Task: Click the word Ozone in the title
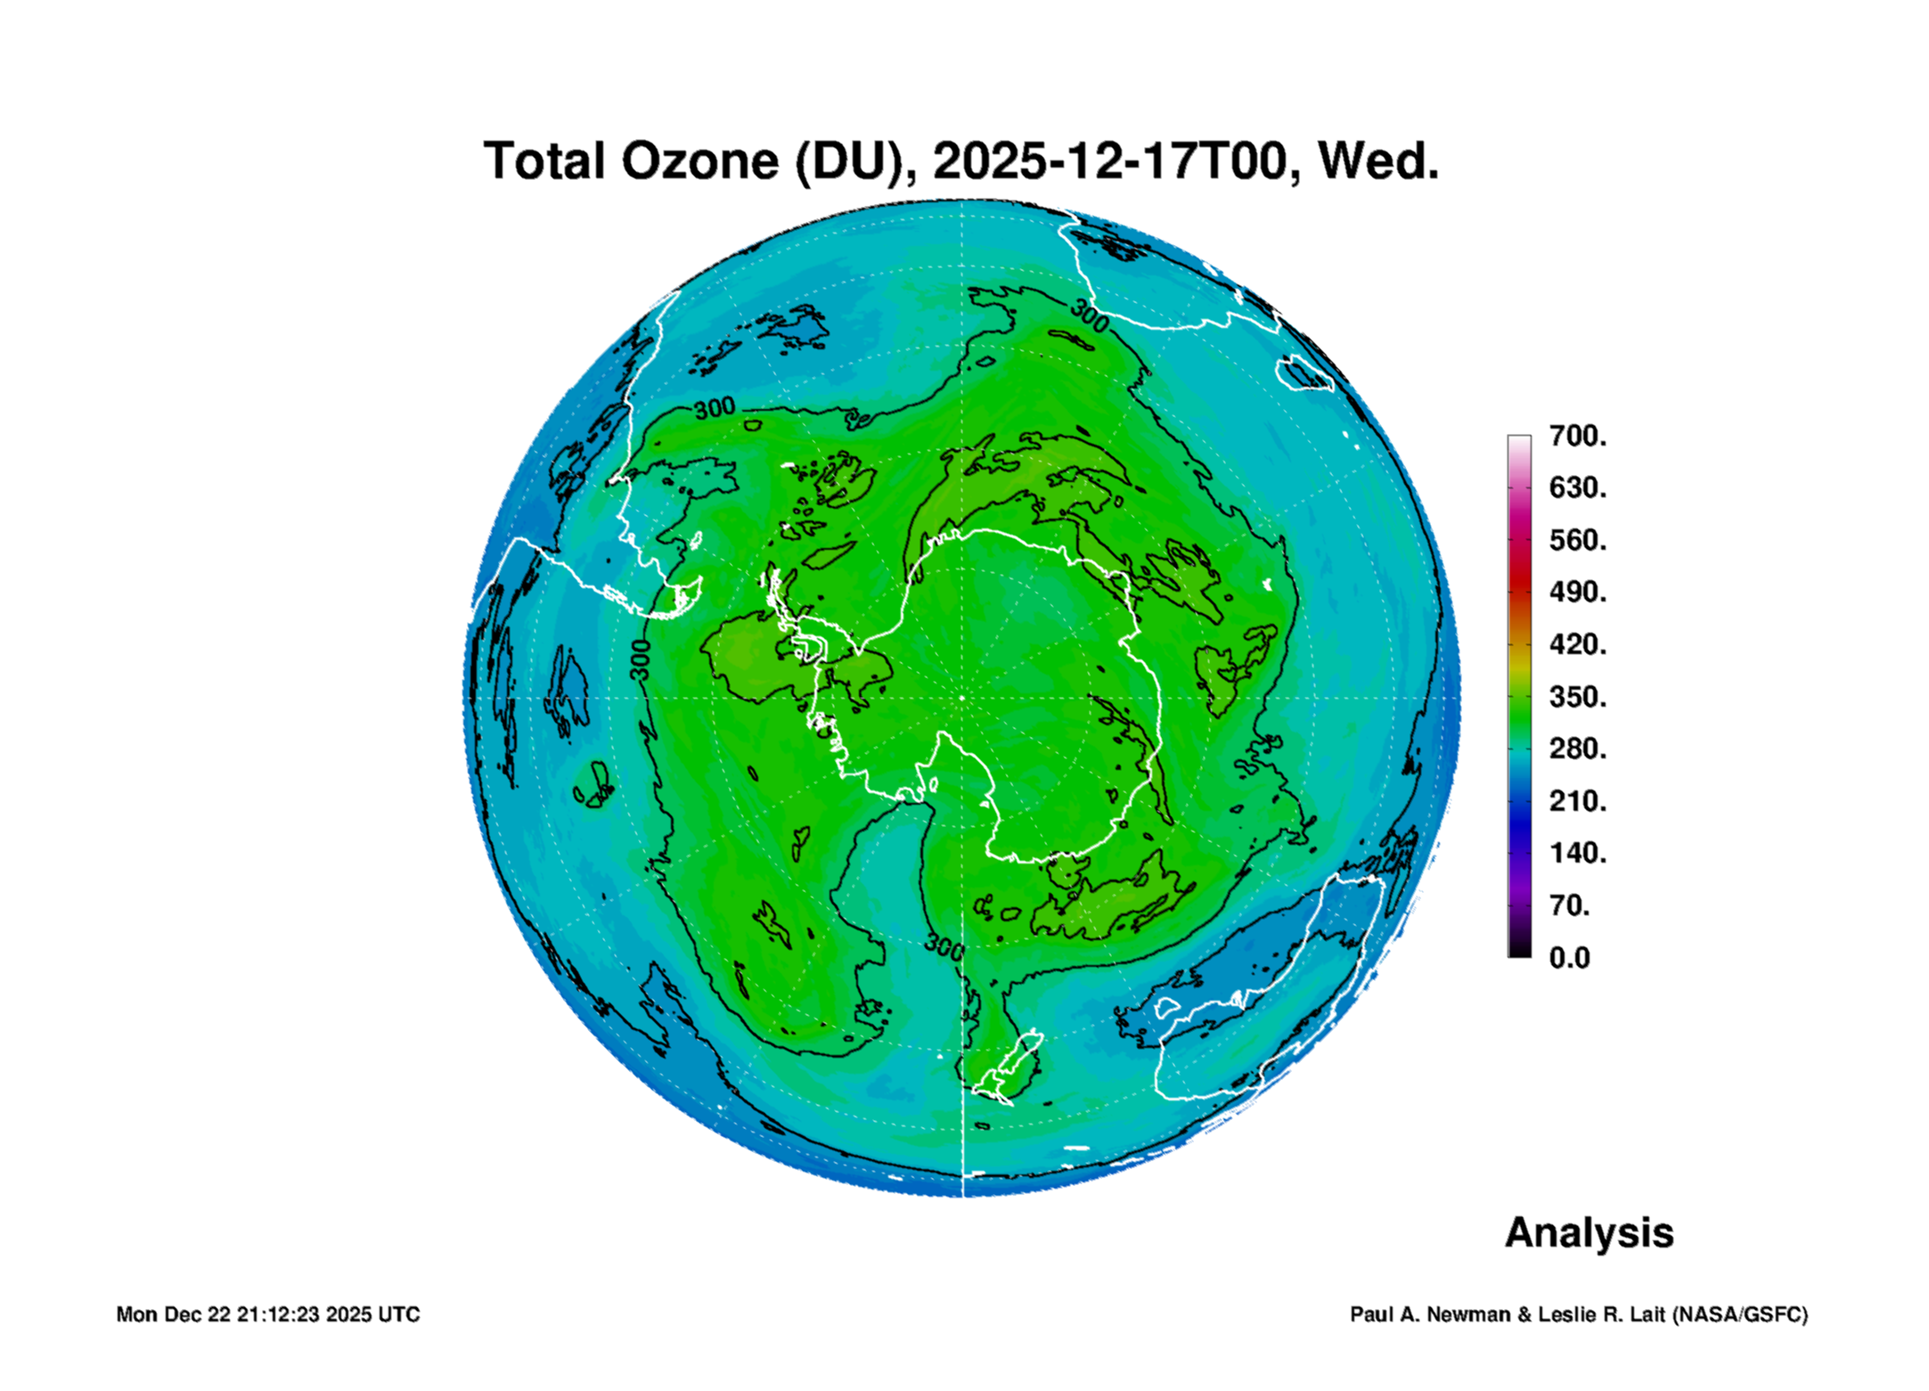click(699, 161)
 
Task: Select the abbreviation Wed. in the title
click(1378, 161)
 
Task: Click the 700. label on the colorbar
click(1578, 436)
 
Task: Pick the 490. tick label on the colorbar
click(1578, 592)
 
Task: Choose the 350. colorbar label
click(1578, 696)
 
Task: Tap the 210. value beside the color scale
click(1578, 800)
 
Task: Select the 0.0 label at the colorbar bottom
click(1569, 957)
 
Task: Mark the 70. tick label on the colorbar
click(1569, 905)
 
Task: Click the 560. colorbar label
click(1578, 540)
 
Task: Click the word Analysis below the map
click(1589, 1232)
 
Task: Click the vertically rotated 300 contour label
click(641, 659)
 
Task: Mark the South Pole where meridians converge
click(961, 698)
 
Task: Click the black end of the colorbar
click(1519, 952)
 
